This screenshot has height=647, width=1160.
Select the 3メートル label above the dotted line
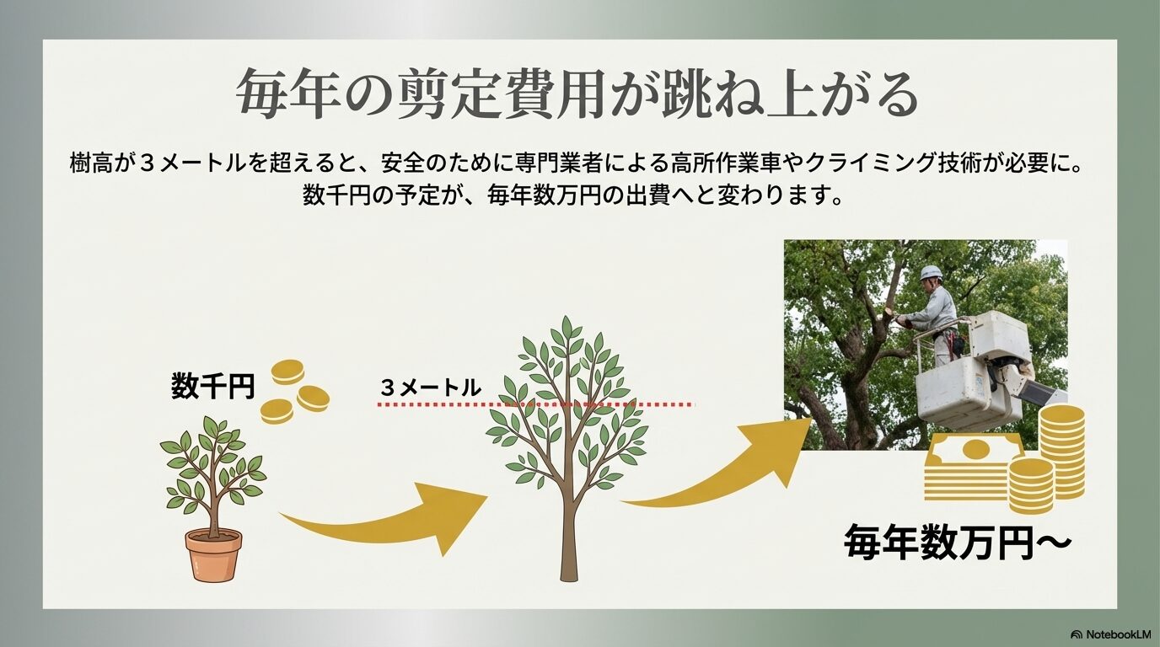[x=430, y=388]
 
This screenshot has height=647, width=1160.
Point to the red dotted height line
[x=536, y=405]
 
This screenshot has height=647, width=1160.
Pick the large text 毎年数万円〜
[x=957, y=543]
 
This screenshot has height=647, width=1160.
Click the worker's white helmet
[x=931, y=273]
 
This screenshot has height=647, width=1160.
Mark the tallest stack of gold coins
[x=1062, y=451]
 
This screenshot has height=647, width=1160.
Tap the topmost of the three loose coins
[x=287, y=372]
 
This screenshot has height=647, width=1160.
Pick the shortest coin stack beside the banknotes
[x=1030, y=486]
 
